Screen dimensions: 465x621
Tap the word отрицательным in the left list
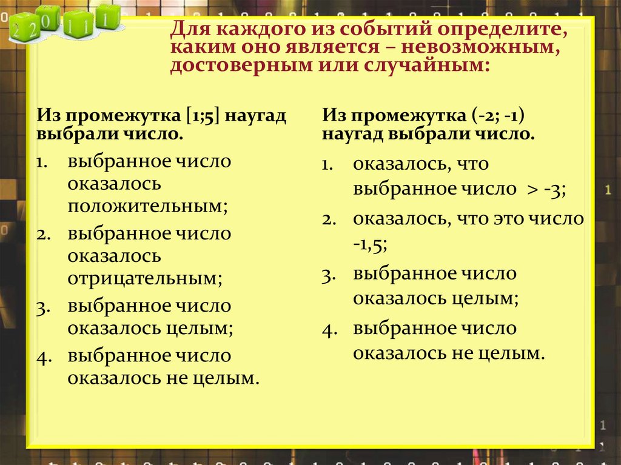tap(144, 278)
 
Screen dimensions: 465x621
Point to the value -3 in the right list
tap(554, 189)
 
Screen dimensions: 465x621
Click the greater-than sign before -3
tap(531, 189)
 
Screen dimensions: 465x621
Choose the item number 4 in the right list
tap(328, 330)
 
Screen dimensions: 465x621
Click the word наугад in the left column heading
tap(253, 115)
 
